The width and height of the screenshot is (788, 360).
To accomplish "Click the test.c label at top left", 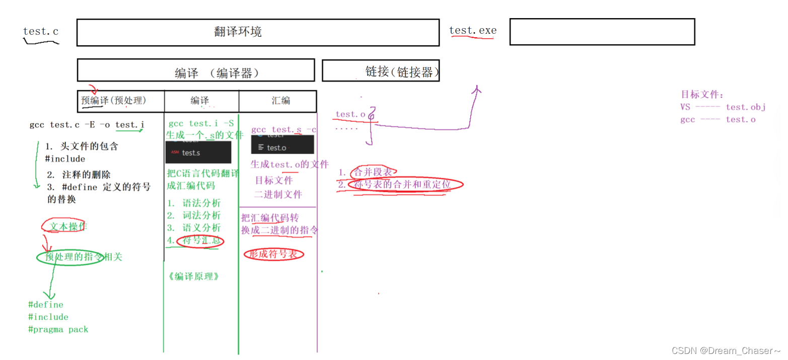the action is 41,31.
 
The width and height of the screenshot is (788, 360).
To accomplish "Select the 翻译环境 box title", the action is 238,32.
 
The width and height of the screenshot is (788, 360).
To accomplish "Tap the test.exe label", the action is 472,30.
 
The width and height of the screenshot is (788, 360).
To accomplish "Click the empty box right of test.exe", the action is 602,32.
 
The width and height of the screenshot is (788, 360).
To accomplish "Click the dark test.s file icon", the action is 198,153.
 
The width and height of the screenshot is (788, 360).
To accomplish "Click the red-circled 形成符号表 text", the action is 273,254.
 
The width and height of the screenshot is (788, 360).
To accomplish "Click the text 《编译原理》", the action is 193,276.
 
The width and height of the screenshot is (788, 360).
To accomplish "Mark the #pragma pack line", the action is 58,329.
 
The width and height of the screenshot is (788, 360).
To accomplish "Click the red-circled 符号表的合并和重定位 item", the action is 402,185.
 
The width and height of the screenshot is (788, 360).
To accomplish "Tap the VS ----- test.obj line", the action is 722,107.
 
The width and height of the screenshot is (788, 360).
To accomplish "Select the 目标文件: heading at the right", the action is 702,94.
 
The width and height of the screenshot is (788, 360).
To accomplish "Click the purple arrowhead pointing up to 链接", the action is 476,90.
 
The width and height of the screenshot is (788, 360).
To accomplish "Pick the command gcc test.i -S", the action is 201,123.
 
